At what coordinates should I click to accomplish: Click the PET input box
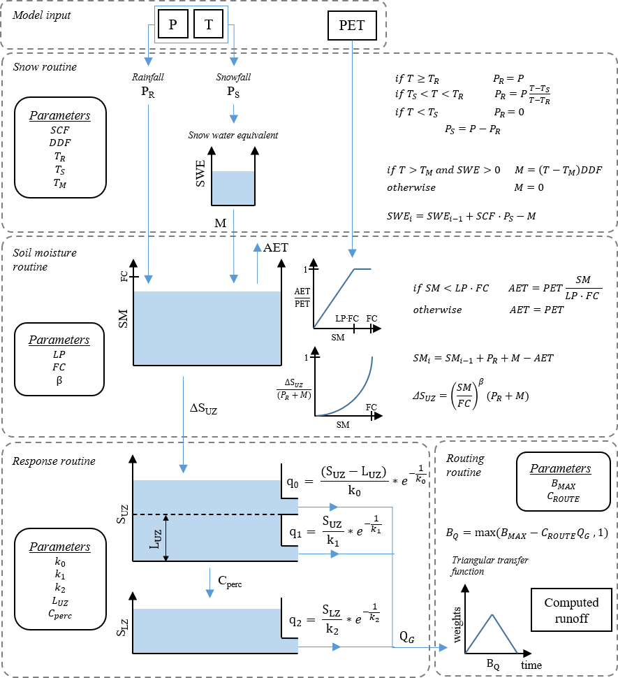352,28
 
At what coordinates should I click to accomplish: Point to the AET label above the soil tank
275,247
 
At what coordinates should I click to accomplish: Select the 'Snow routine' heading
45,67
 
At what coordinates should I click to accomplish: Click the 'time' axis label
531,664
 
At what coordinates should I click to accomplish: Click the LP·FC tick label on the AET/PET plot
345,319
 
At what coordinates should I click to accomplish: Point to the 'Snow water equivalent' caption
233,135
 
